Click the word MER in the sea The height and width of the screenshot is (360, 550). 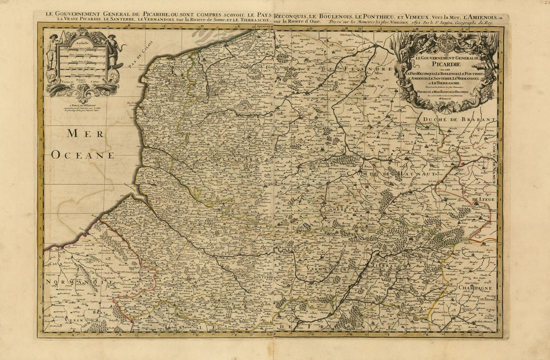85,133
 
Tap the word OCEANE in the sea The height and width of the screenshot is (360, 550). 83,155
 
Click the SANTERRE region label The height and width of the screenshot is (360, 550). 262,277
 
